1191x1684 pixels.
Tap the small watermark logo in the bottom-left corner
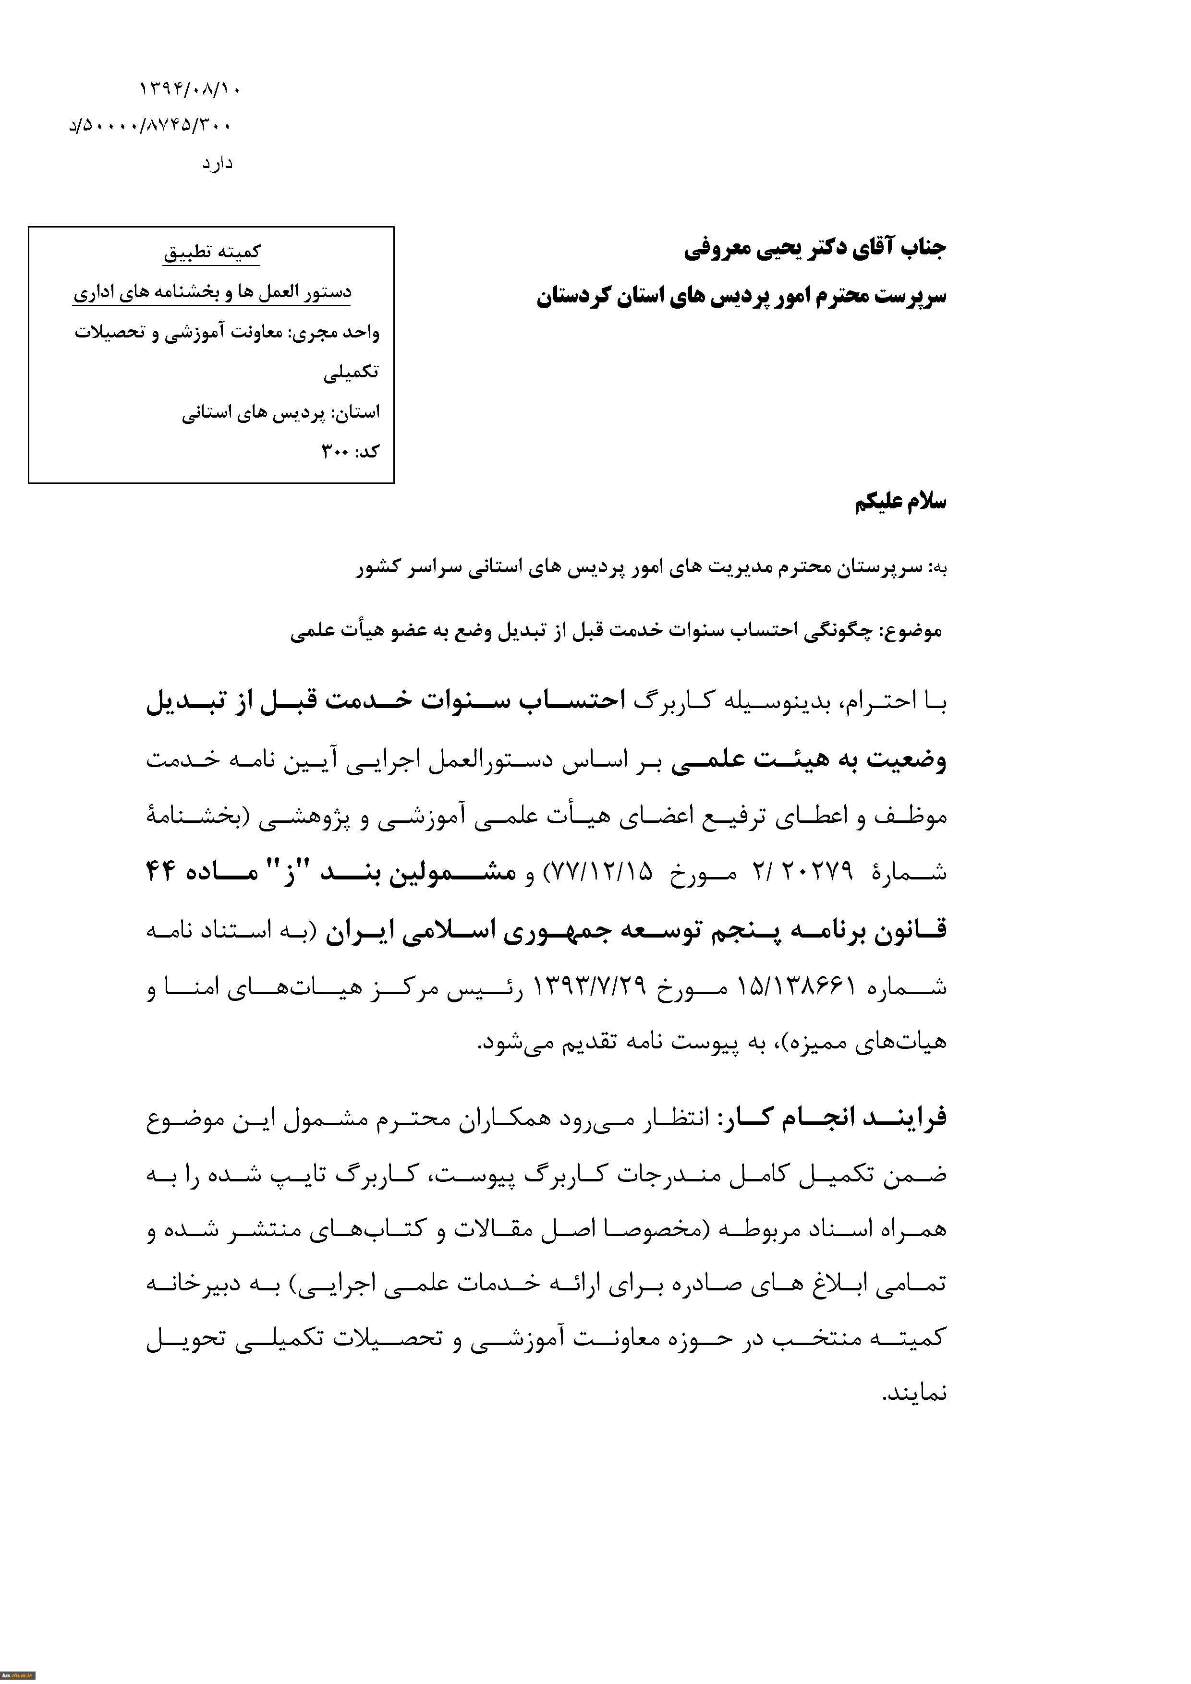(x=18, y=1676)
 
